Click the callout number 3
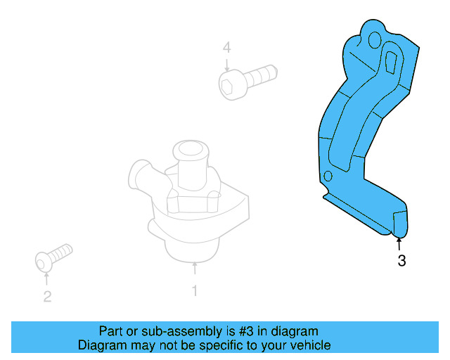(401, 262)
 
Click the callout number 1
(195, 290)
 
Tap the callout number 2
(47, 297)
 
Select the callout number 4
(226, 48)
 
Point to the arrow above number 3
(399, 243)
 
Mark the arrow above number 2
(46, 278)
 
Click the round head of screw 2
(44, 262)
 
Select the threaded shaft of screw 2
(61, 251)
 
